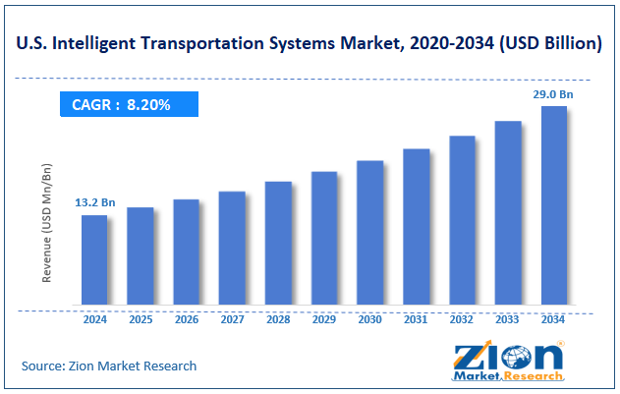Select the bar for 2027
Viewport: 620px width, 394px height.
(x=232, y=247)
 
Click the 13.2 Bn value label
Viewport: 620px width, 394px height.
(x=94, y=202)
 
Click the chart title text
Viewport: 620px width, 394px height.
(x=310, y=42)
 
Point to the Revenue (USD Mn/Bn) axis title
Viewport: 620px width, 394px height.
(x=46, y=225)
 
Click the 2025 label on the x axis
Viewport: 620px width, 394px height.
(x=141, y=320)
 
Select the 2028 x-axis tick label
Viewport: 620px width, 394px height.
(x=278, y=320)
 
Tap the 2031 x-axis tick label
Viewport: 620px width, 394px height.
(x=416, y=320)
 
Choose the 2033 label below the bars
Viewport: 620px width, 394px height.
(x=508, y=320)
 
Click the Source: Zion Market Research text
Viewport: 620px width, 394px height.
(x=109, y=366)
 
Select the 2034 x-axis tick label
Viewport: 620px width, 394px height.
(x=554, y=320)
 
